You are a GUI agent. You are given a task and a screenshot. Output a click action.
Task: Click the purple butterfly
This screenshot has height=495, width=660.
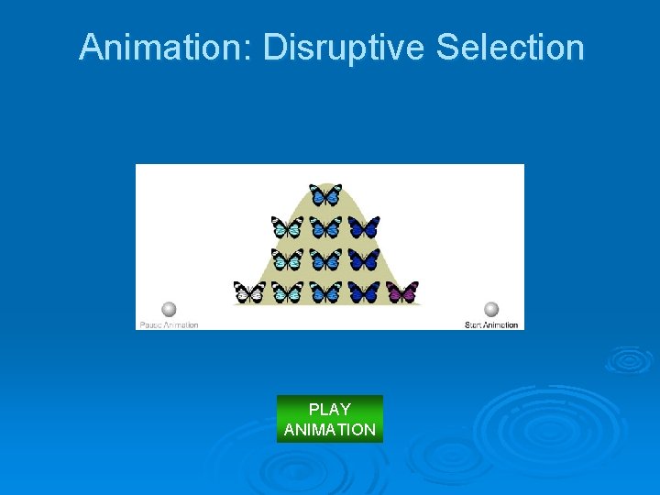[x=402, y=292]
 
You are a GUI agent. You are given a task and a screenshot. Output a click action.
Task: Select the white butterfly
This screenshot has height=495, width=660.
[x=249, y=292]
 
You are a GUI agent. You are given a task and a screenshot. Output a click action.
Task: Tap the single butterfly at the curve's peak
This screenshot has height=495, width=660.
[x=325, y=194]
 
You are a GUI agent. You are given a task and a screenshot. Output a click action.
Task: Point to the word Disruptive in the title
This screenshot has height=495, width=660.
[x=345, y=47]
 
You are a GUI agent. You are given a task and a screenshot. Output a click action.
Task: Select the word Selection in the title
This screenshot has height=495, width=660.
[x=510, y=47]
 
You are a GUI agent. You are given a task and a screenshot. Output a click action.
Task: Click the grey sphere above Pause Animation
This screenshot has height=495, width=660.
[x=169, y=309]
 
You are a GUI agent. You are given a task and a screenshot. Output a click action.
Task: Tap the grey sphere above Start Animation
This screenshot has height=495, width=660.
[x=491, y=309]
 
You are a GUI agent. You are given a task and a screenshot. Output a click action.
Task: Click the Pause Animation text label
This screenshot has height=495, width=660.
[x=169, y=324]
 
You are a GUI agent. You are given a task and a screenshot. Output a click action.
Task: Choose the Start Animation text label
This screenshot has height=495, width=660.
[x=491, y=324]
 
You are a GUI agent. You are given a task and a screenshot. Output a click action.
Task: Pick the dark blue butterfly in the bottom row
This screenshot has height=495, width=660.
[x=364, y=292]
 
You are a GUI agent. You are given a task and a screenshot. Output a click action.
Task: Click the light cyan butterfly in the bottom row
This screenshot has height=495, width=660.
[x=288, y=292]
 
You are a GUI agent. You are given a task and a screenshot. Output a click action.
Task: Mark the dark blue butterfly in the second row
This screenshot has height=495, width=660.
[x=364, y=226]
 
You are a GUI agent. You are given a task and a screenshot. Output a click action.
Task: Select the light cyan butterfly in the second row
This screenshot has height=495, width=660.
[x=287, y=226]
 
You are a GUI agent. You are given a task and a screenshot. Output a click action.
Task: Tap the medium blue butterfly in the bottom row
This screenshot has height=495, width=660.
[x=325, y=292]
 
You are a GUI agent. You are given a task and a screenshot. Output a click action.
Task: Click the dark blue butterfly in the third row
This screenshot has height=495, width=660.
[x=364, y=259]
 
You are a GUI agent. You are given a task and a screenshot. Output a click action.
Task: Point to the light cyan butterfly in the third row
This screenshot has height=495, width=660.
[x=287, y=259]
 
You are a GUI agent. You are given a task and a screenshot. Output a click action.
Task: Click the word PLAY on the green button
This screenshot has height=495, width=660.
[x=330, y=409]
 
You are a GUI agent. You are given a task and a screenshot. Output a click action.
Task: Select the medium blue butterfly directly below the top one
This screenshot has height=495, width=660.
[x=325, y=226]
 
